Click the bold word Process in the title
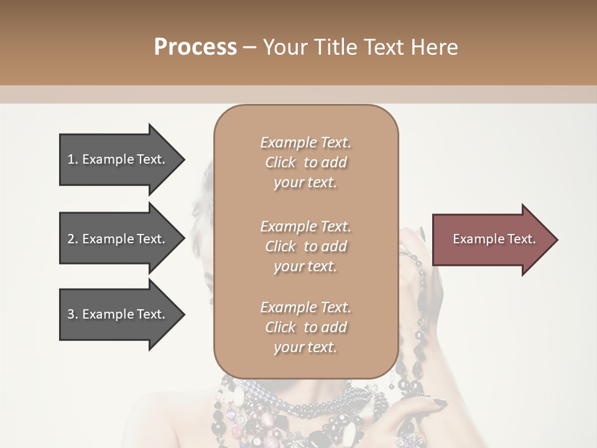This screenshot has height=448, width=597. [x=195, y=47]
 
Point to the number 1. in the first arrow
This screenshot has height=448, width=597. [x=73, y=159]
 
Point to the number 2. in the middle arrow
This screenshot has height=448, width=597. [x=73, y=239]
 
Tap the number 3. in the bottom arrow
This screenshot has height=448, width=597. [x=73, y=314]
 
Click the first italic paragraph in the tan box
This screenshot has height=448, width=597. [x=305, y=162]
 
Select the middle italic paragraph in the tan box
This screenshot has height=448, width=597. [x=305, y=246]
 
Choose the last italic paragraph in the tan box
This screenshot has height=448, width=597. [x=305, y=327]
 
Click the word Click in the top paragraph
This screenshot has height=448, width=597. [x=280, y=163]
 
